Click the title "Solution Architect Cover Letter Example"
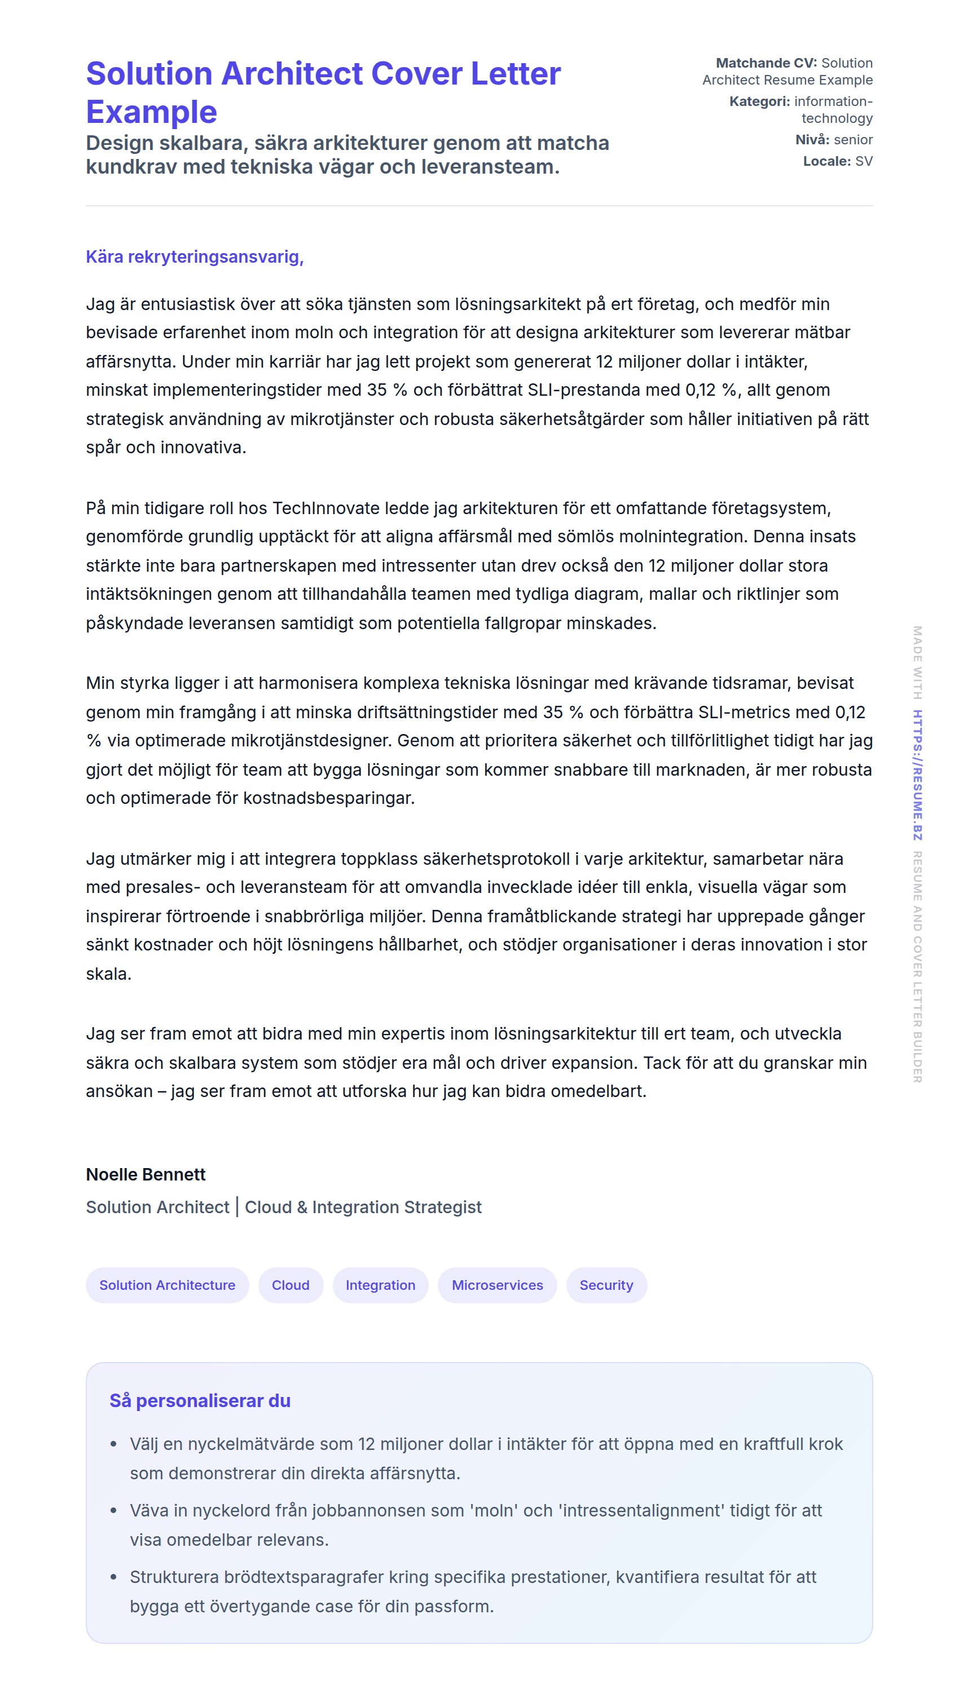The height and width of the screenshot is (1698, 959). click(x=323, y=92)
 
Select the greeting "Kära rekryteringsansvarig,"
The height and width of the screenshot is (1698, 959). click(x=195, y=257)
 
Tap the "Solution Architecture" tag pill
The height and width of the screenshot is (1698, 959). click(x=167, y=1285)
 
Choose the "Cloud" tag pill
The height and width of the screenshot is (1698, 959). click(x=290, y=1285)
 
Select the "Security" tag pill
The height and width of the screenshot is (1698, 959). click(x=605, y=1285)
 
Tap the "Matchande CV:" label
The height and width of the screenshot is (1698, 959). click(x=766, y=63)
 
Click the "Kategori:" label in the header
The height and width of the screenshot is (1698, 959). click(x=759, y=101)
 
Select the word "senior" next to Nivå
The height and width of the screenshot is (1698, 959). click(x=853, y=140)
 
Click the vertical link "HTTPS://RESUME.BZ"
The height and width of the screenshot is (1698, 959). click(x=917, y=775)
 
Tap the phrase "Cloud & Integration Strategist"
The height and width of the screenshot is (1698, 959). click(x=363, y=1207)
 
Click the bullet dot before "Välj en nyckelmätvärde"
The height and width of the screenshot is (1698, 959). click(x=113, y=1444)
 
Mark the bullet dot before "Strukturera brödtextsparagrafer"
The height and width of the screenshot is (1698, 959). click(x=113, y=1577)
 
